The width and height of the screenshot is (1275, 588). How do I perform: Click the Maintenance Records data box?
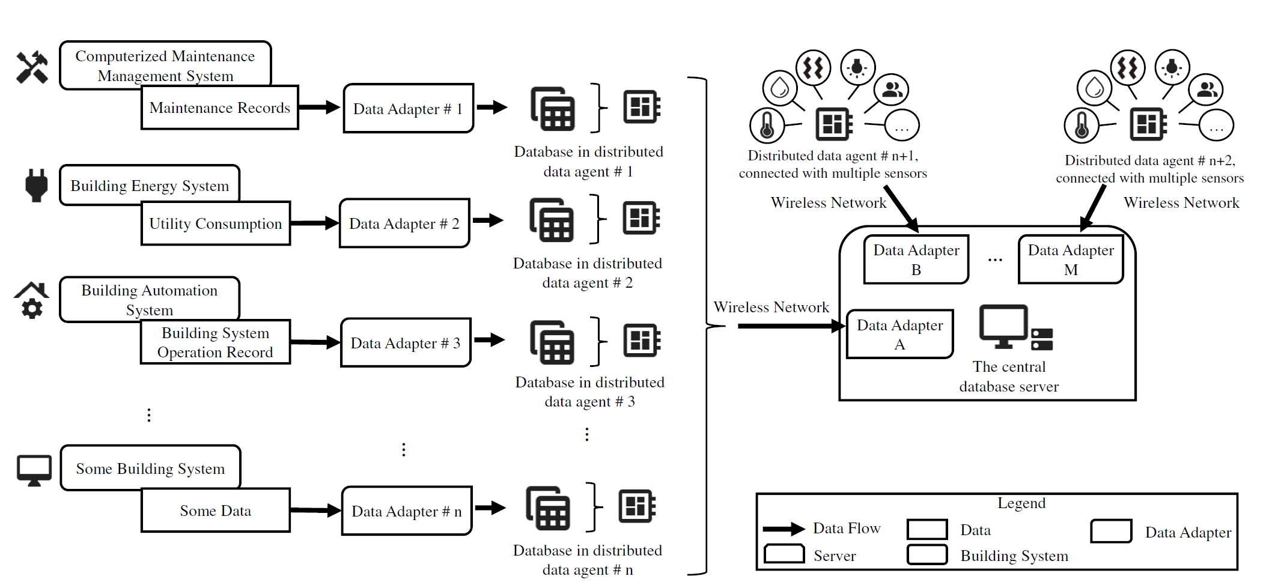[219, 108]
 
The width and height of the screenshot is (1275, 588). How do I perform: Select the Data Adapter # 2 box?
[404, 223]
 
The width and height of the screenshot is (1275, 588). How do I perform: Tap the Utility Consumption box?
[215, 223]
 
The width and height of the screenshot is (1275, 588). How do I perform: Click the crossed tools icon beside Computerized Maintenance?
[32, 67]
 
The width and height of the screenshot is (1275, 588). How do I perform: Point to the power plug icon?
[36, 185]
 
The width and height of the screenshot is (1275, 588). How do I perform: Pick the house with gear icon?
[31, 300]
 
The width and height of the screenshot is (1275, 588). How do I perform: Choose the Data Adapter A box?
[899, 334]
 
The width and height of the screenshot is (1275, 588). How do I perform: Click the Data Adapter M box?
[1070, 259]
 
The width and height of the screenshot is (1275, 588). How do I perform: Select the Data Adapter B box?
[916, 259]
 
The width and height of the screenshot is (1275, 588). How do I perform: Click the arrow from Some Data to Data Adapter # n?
[315, 511]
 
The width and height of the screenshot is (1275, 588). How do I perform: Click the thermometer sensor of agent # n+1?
[767, 126]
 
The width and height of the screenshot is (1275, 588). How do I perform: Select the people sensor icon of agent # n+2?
[1207, 90]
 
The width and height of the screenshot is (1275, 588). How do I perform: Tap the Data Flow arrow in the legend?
[784, 529]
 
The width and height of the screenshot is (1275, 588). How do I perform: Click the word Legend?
[1021, 503]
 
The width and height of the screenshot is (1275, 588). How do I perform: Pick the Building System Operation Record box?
[215, 342]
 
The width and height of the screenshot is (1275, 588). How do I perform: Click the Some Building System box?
[150, 468]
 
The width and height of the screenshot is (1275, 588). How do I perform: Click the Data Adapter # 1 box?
[408, 109]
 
